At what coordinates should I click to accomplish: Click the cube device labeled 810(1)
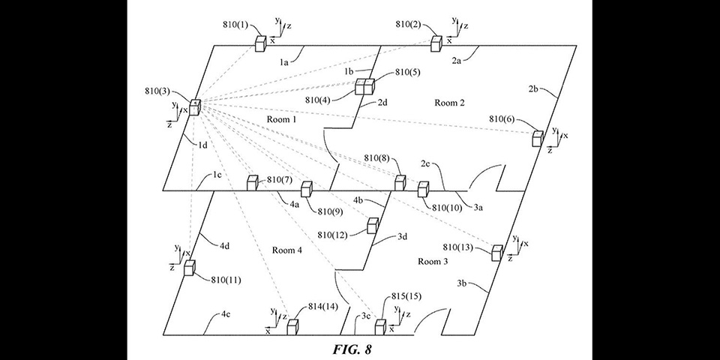pyautogui.click(x=261, y=43)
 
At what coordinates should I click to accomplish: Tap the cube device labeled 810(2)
pyautogui.click(x=436, y=43)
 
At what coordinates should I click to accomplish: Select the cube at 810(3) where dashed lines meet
pyautogui.click(x=195, y=107)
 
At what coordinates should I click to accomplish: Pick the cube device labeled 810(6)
pyautogui.click(x=538, y=138)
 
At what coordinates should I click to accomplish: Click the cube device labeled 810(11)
pyautogui.click(x=190, y=268)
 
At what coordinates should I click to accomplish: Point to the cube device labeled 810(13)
pyautogui.click(x=497, y=253)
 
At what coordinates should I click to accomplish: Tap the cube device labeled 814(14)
pyautogui.click(x=292, y=327)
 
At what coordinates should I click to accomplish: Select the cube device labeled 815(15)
pyautogui.click(x=380, y=327)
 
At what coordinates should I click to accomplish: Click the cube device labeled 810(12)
pyautogui.click(x=373, y=226)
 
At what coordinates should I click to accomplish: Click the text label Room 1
pyautogui.click(x=281, y=119)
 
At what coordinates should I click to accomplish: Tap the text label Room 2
pyautogui.click(x=449, y=103)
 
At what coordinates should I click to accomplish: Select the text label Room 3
pyautogui.click(x=433, y=261)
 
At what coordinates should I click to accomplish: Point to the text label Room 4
pyautogui.click(x=287, y=250)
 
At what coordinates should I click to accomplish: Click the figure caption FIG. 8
pyautogui.click(x=352, y=349)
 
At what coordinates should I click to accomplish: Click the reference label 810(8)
pyautogui.click(x=377, y=158)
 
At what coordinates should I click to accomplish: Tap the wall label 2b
pyautogui.click(x=533, y=89)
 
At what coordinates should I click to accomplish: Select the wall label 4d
pyautogui.click(x=224, y=246)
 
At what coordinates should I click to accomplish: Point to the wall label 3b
pyautogui.click(x=462, y=283)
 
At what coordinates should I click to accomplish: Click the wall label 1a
pyautogui.click(x=284, y=63)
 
